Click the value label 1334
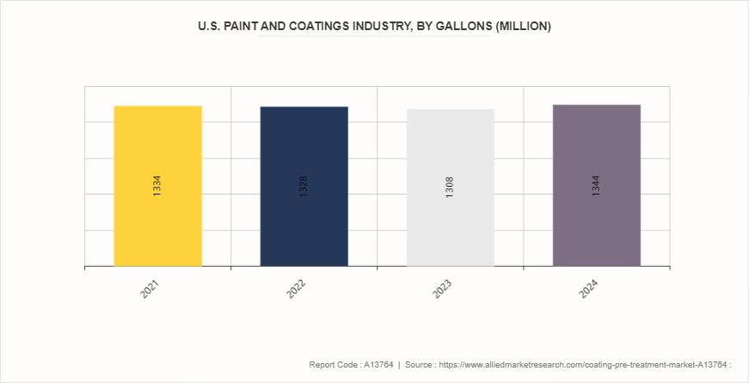tap(157, 186)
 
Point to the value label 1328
tap(304, 186)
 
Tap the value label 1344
tap(596, 186)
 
